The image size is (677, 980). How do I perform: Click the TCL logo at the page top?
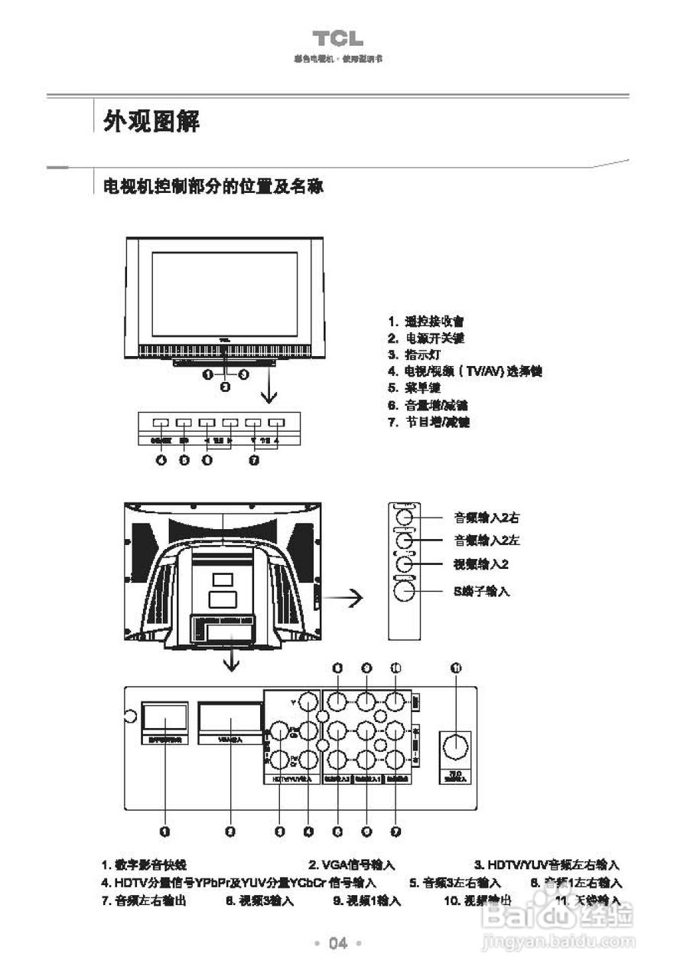[337, 39]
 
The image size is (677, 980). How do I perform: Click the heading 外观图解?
[151, 120]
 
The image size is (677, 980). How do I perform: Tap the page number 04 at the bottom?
[337, 942]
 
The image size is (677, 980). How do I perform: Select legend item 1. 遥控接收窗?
[426, 322]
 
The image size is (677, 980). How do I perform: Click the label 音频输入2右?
[487, 519]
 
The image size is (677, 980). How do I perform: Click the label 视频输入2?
[482, 564]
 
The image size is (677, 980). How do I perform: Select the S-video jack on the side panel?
[403, 591]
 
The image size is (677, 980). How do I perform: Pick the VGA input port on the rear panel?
[229, 718]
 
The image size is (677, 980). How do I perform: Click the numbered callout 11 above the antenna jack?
[456, 668]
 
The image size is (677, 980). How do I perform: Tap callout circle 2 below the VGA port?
[230, 831]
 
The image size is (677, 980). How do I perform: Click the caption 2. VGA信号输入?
[352, 864]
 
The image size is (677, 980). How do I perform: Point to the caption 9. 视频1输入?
[367, 901]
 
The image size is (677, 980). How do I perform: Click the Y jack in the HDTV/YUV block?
[308, 702]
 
